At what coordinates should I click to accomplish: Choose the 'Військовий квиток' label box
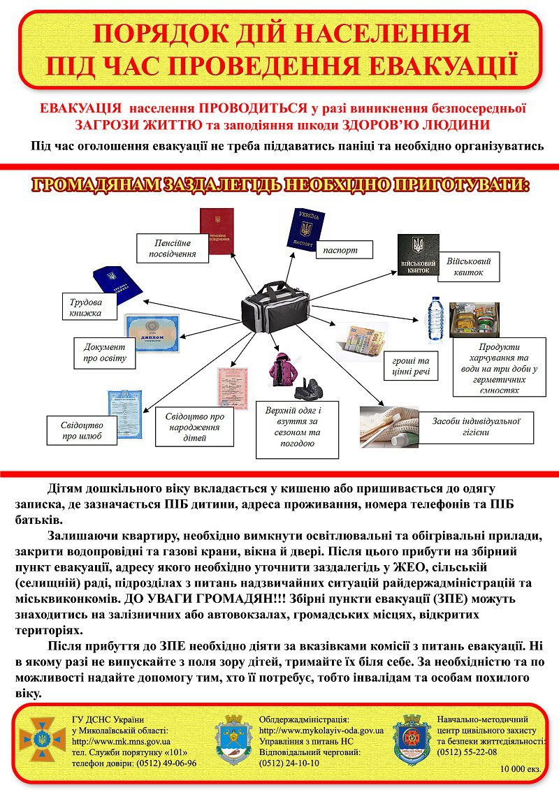tap(469, 267)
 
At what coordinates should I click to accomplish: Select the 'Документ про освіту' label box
tap(105, 353)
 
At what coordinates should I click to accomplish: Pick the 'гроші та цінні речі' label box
tap(411, 365)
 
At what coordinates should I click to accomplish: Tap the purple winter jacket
tap(282, 370)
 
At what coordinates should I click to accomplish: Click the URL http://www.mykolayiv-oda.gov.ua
tap(321, 730)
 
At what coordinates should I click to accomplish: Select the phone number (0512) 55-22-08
tap(467, 752)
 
